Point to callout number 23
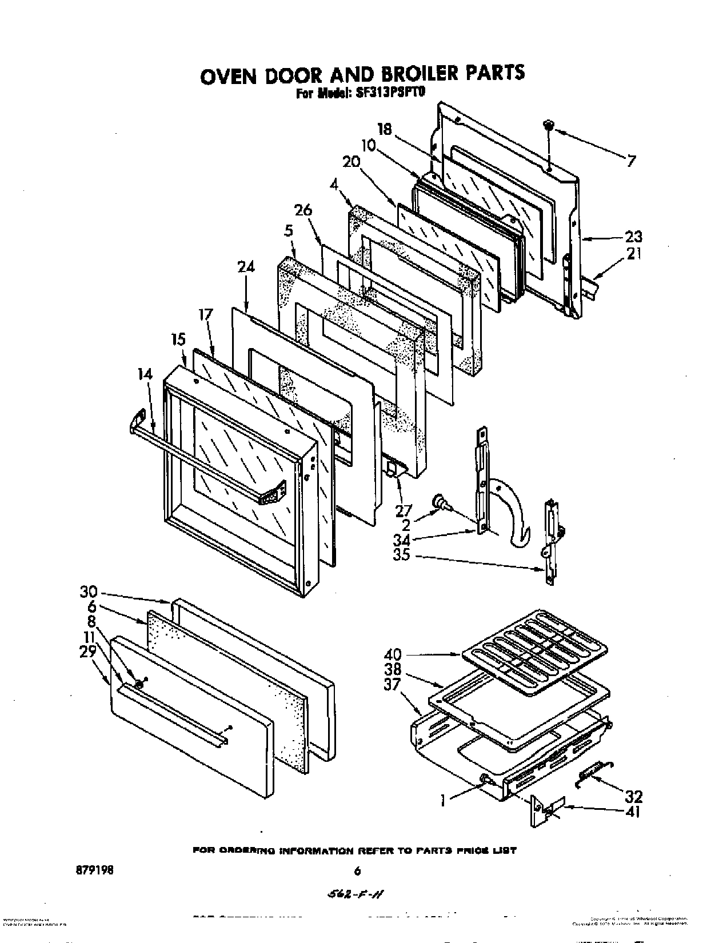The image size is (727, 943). (x=633, y=237)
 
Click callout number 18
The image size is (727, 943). (x=385, y=129)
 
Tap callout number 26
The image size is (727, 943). (x=303, y=211)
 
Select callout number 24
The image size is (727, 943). (x=246, y=267)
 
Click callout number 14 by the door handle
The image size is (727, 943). (x=145, y=374)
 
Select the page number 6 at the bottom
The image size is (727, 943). (x=357, y=872)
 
